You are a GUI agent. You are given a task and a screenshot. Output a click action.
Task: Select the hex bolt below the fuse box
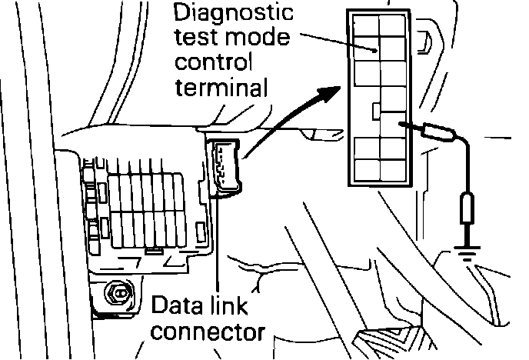[x=120, y=292]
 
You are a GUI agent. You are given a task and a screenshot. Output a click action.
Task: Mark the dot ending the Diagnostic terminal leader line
[x=374, y=51]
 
